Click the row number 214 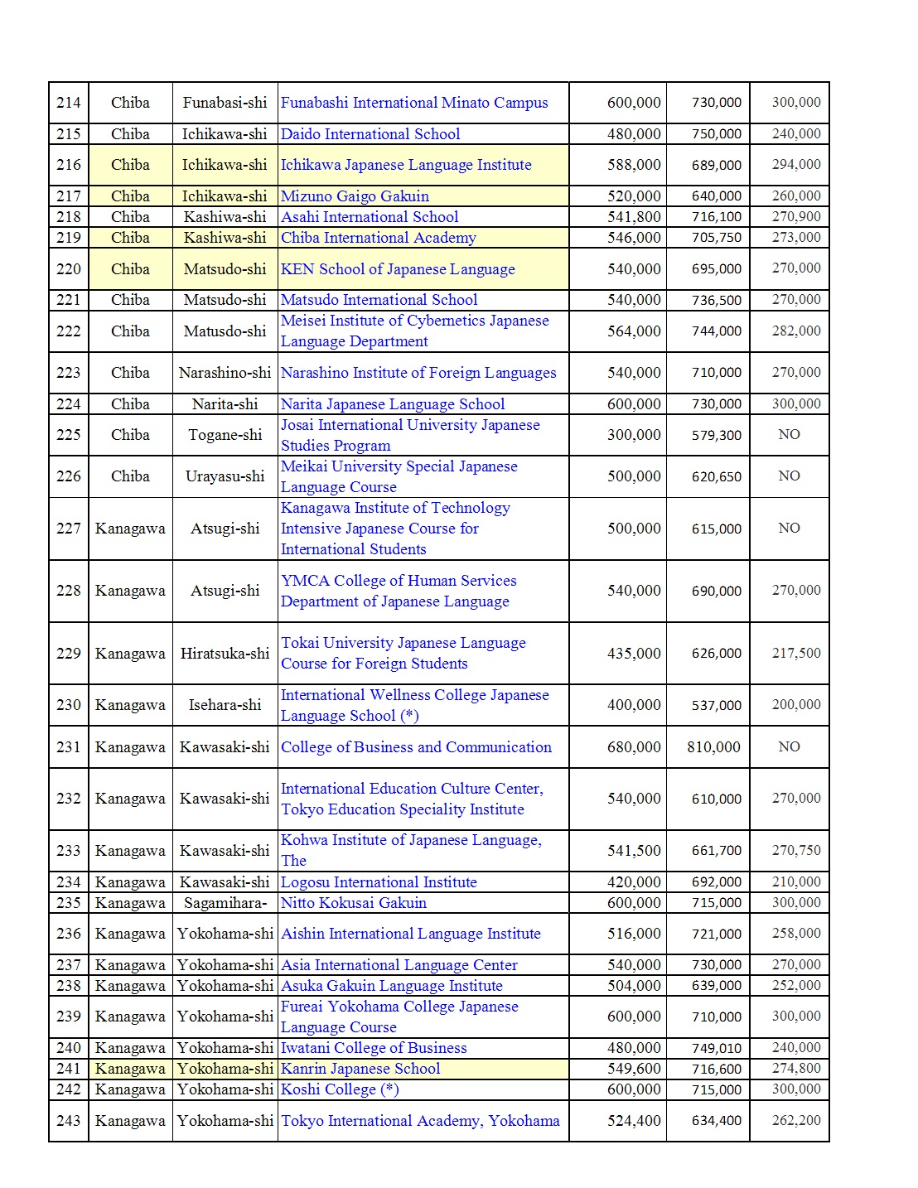coord(69,103)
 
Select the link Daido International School coord(370,134)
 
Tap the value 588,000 coord(634,165)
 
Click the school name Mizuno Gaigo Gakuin coord(355,196)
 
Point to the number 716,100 coord(717,217)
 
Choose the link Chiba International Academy coord(378,238)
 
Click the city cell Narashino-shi coord(225,373)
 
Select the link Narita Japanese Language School coord(392,404)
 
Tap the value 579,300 coord(717,435)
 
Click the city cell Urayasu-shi coord(225,476)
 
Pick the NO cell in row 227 coord(789,528)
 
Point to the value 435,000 coord(634,653)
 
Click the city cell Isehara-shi coord(225,705)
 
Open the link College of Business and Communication coord(416,747)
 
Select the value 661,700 coord(717,851)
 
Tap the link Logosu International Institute coord(379,882)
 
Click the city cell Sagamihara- coord(225,903)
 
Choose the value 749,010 coord(717,1048)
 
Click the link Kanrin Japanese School coord(360,1069)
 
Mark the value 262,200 coord(796,1120)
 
